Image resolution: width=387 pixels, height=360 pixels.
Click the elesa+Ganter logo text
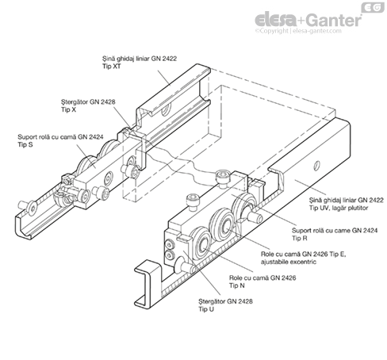tap(308, 20)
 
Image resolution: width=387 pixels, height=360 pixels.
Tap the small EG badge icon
tap(373, 7)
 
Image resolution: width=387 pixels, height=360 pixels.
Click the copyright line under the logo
tap(298, 31)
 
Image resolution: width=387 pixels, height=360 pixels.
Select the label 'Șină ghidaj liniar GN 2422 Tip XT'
tap(140, 63)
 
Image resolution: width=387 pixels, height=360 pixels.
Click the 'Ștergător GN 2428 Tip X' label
tap(88, 105)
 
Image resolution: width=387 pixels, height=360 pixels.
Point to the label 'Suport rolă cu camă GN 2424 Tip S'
tap(60, 140)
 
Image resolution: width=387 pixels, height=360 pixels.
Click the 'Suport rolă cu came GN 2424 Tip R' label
tap(335, 234)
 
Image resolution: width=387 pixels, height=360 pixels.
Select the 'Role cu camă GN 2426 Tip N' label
tap(262, 281)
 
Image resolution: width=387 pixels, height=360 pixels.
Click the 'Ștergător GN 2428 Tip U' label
tap(225, 305)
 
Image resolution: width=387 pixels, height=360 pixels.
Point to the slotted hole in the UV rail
tap(317, 166)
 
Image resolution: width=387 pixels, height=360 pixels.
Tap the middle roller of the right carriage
tap(222, 225)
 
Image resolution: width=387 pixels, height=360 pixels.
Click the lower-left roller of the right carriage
tap(201, 243)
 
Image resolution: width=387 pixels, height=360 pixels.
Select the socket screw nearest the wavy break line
tap(223, 178)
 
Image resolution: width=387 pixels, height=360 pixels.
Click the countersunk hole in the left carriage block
tap(109, 179)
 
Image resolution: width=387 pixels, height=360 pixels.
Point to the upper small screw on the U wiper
tap(169, 244)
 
